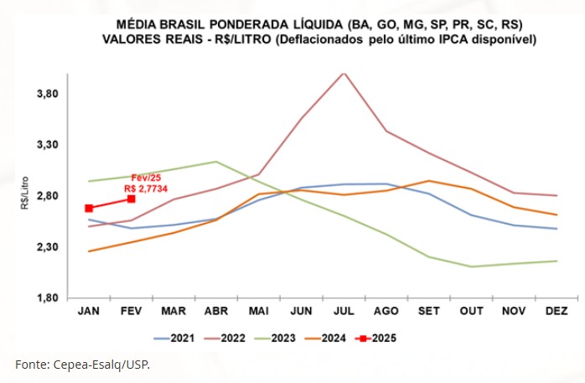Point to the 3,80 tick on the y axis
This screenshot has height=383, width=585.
click(45, 94)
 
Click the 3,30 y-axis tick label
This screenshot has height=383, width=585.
click(45, 145)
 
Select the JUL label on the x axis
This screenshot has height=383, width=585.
click(342, 312)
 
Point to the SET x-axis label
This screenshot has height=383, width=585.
click(427, 312)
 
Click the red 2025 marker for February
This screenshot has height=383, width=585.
click(132, 199)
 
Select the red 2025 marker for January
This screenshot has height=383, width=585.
click(88, 208)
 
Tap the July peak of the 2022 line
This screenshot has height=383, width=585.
click(343, 73)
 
